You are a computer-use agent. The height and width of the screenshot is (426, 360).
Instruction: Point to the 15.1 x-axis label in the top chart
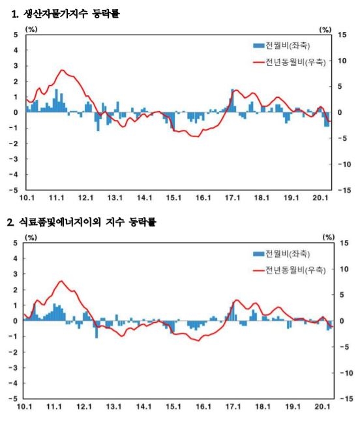pos(172,198)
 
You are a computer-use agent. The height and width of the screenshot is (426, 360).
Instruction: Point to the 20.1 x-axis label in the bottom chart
pos(321,406)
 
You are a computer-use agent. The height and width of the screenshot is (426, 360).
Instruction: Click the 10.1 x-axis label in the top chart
pos(27,198)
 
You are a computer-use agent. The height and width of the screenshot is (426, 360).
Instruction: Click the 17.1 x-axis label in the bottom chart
pos(233,406)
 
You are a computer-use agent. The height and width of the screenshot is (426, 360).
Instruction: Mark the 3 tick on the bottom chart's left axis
pos(16,274)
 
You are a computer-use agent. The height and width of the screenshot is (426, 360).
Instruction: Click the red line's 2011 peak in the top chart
pos(62,70)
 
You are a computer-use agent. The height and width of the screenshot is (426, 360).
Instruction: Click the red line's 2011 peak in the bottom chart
pos(61,281)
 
